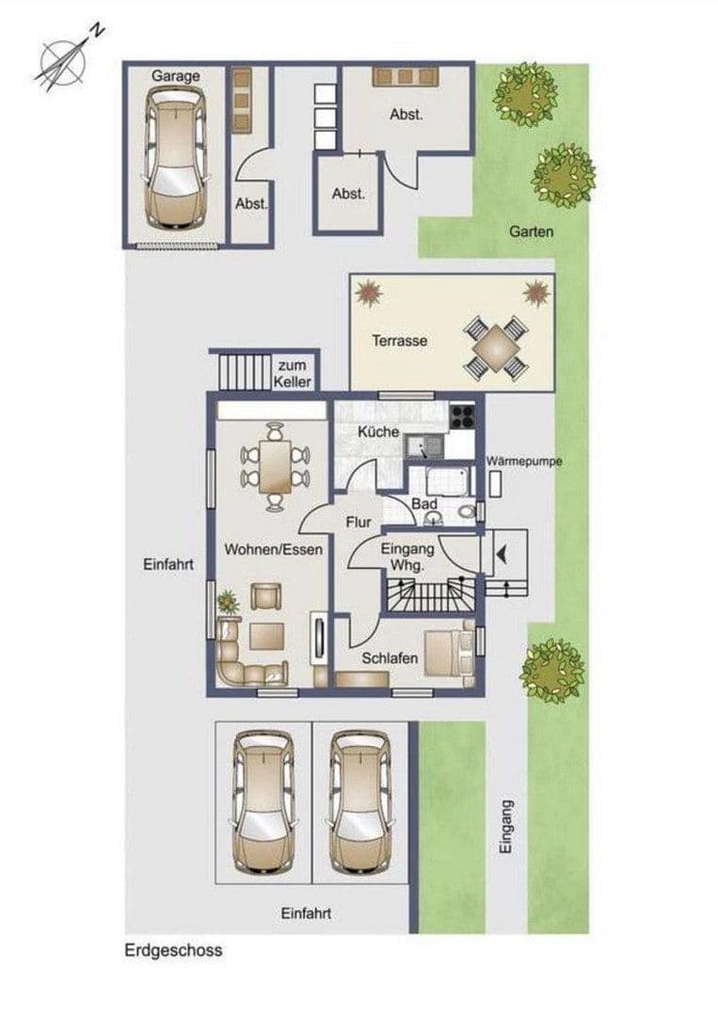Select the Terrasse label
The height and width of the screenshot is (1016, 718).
pyautogui.click(x=399, y=341)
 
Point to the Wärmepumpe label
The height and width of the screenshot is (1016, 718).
pyautogui.click(x=524, y=462)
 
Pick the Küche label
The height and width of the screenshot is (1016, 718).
pyautogui.click(x=379, y=432)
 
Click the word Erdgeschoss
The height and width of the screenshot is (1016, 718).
pyautogui.click(x=173, y=950)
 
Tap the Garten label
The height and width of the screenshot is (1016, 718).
pyautogui.click(x=532, y=230)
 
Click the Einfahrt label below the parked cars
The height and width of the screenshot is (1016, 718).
pyautogui.click(x=306, y=913)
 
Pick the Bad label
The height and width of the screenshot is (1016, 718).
pyautogui.click(x=423, y=505)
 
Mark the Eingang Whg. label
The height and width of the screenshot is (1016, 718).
pyautogui.click(x=407, y=557)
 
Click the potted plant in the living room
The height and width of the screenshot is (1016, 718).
pyautogui.click(x=226, y=600)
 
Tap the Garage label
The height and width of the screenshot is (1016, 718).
pyautogui.click(x=176, y=76)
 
